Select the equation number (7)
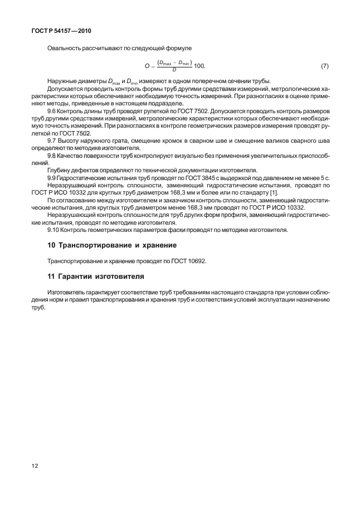coord(325,66)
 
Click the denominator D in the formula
coord(174,70)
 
